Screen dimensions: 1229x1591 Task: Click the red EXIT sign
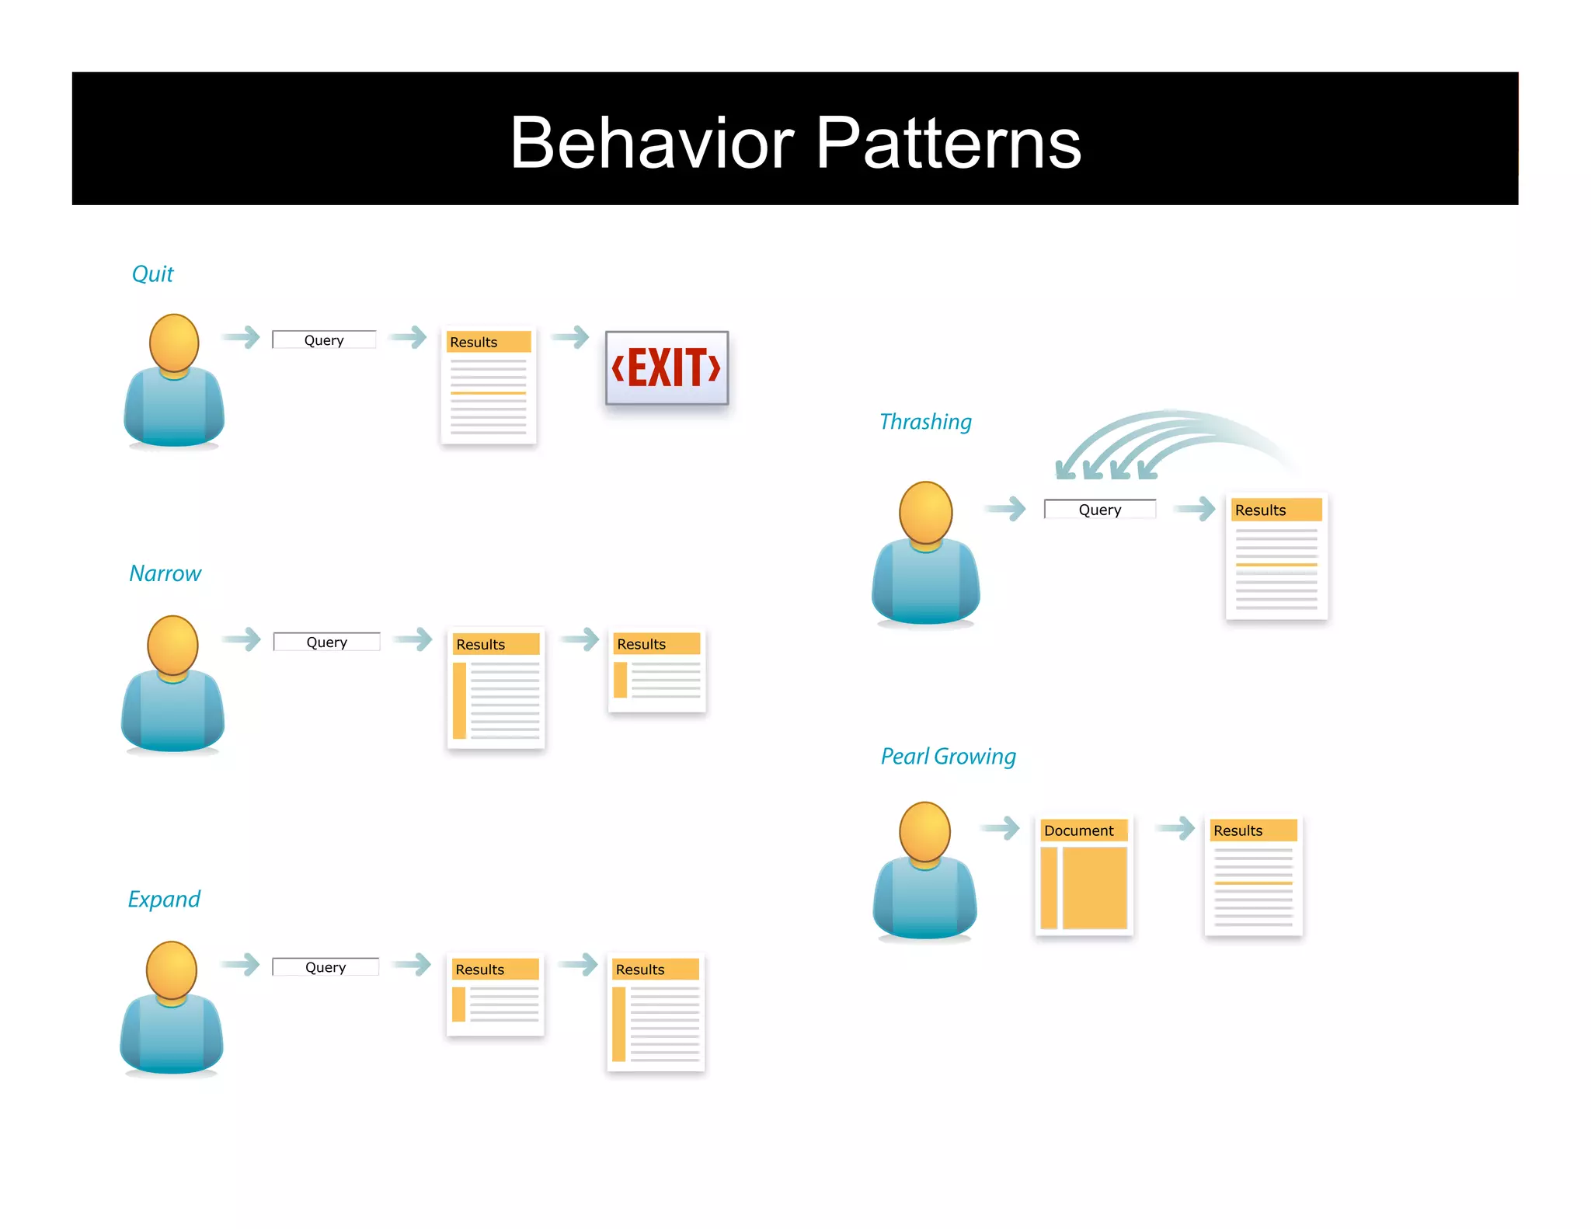[667, 368]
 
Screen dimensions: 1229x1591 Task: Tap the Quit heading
[153, 274]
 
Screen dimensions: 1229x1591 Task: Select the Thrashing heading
[925, 422]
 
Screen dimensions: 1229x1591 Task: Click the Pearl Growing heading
[948, 757]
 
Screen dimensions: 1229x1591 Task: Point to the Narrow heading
[165, 574]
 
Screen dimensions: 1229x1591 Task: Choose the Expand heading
[164, 900]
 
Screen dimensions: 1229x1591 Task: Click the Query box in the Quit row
[324, 340]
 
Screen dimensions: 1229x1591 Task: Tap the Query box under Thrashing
[1099, 510]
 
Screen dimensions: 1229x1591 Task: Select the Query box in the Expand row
[326, 967]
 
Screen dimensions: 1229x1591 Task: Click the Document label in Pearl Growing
[1078, 830]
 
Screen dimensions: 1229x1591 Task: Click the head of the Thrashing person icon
[925, 511]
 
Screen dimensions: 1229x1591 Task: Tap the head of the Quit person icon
[174, 342]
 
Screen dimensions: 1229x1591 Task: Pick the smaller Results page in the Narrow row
[657, 670]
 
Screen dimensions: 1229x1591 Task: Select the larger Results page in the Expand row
[656, 1012]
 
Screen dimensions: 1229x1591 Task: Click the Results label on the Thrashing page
[1260, 510]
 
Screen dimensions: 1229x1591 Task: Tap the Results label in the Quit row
[474, 343]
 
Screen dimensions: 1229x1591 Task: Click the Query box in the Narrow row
[326, 642]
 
